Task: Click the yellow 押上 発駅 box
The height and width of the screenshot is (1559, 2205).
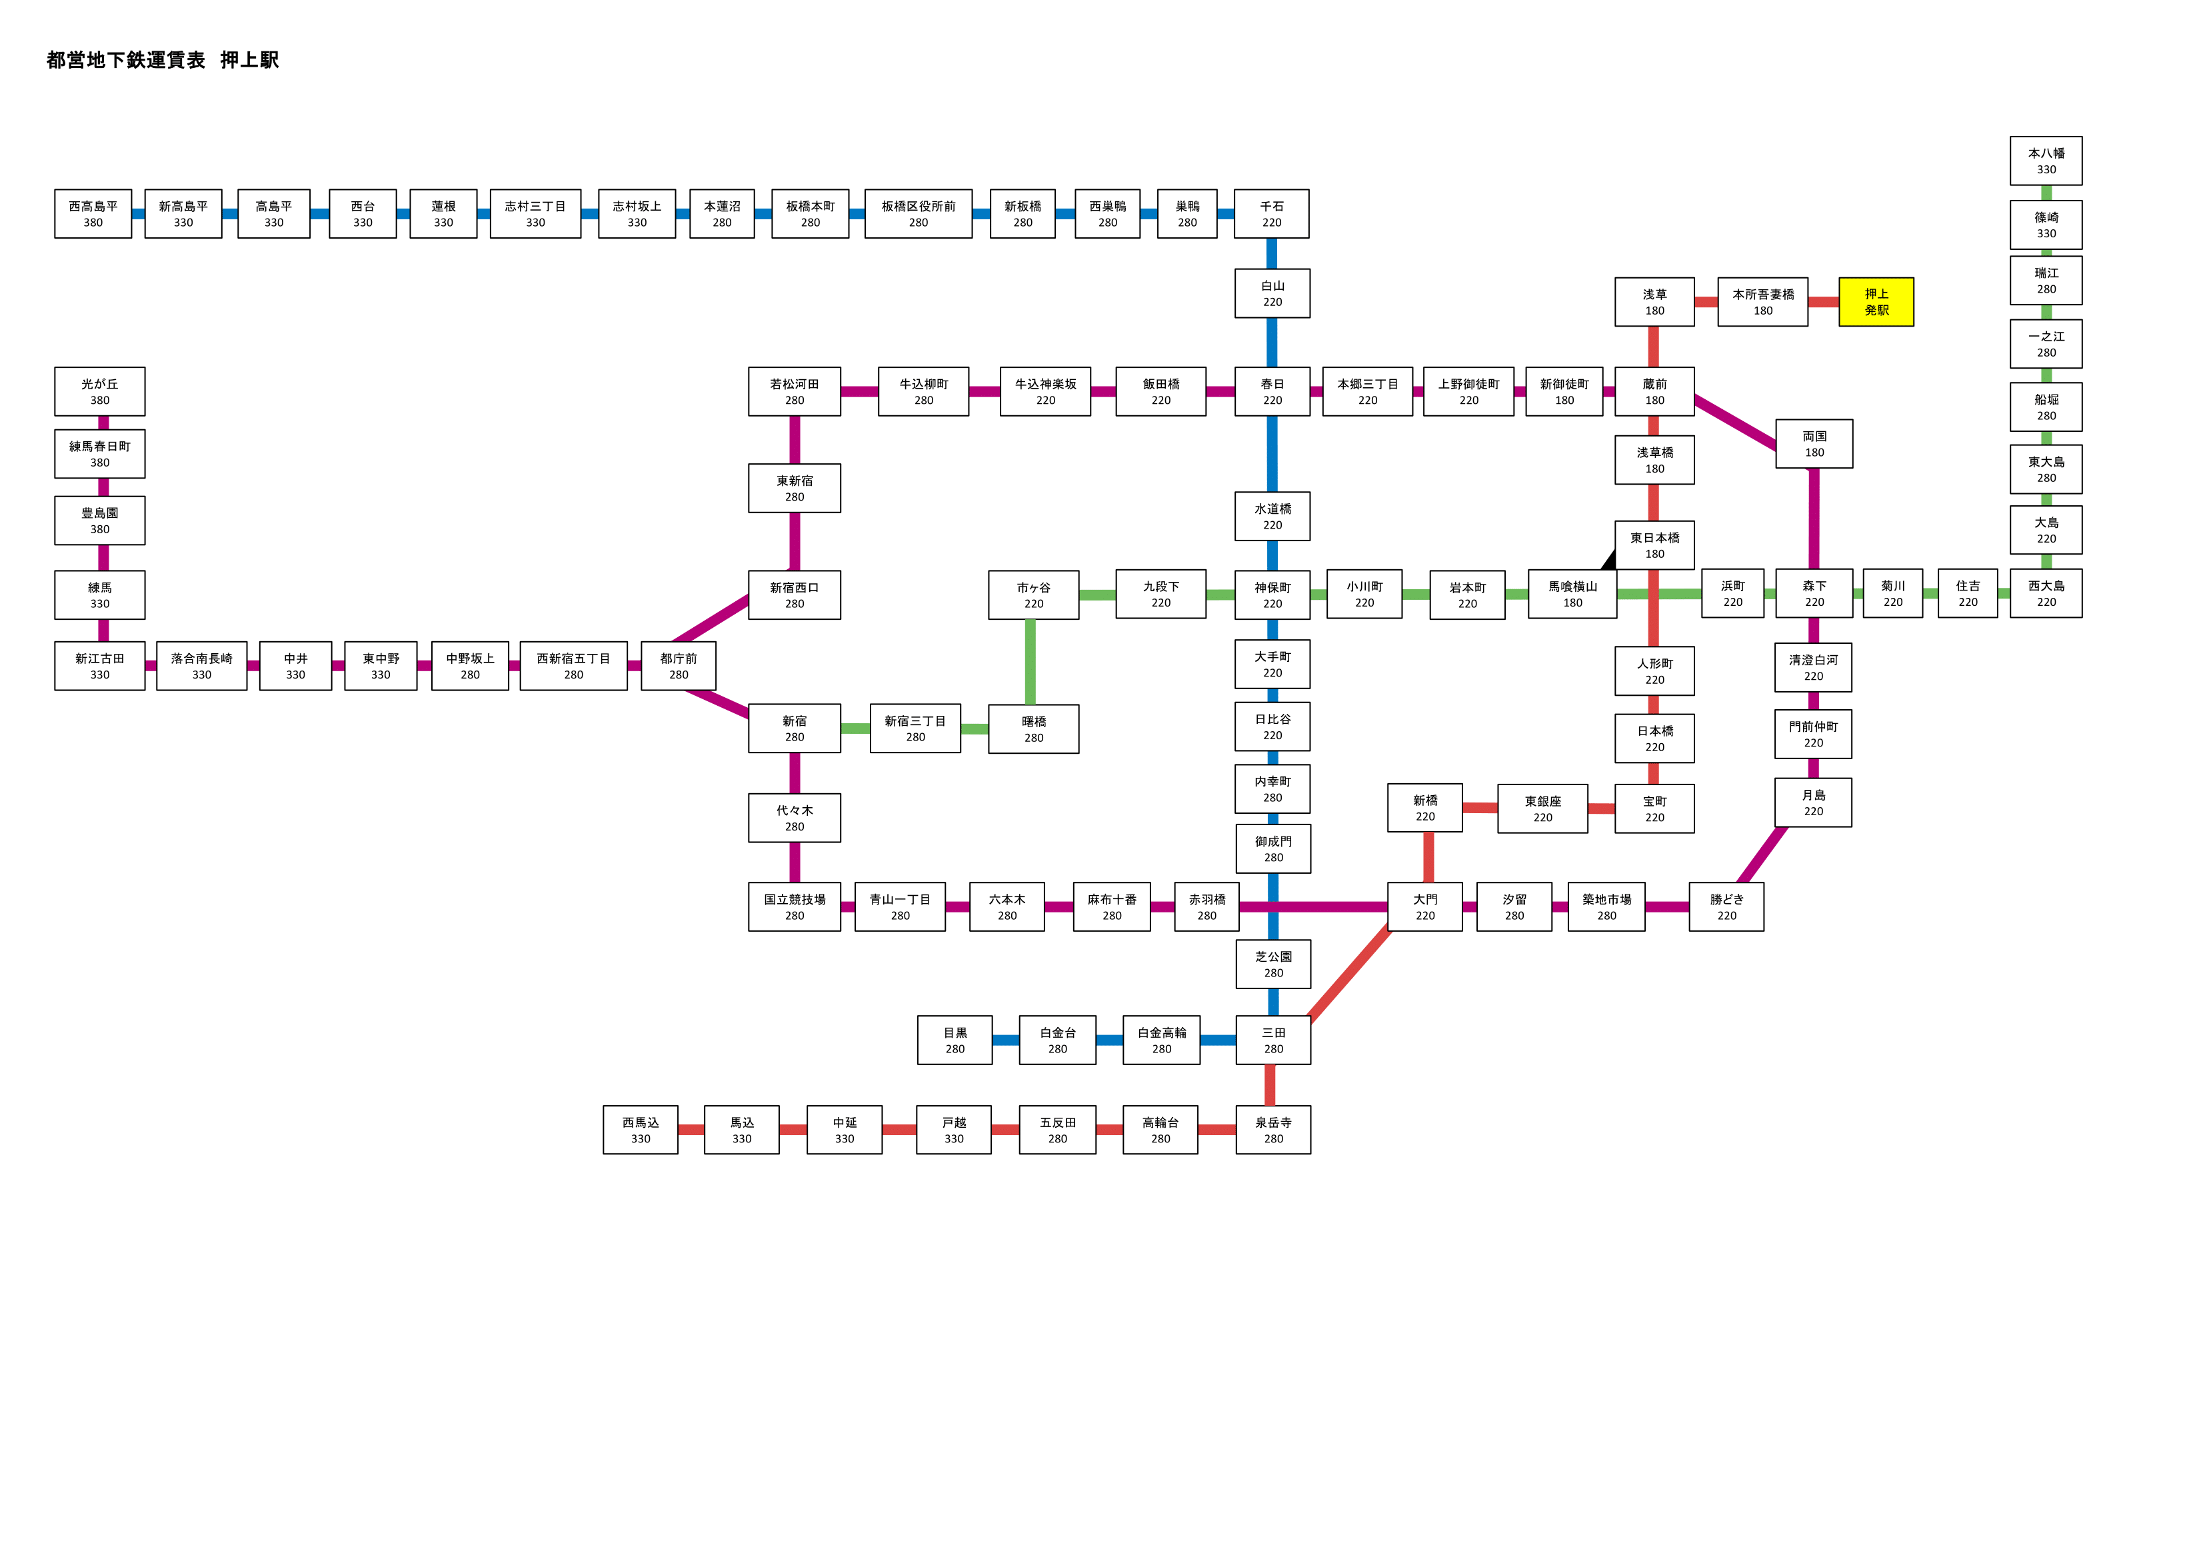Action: [x=1876, y=302]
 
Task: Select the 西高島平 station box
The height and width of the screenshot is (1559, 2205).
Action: [x=93, y=213]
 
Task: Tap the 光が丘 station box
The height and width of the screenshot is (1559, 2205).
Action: [x=100, y=391]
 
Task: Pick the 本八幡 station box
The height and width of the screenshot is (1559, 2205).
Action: [x=2046, y=161]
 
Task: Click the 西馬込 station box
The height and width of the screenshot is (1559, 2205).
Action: [x=641, y=1130]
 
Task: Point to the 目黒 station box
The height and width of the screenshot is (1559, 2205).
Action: [x=955, y=1040]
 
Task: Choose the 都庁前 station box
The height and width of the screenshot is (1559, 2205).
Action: [x=678, y=666]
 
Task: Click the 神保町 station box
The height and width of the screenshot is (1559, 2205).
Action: [x=1272, y=595]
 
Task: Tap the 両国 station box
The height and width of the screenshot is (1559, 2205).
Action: [x=1814, y=444]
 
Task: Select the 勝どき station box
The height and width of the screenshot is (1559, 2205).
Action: [x=1726, y=906]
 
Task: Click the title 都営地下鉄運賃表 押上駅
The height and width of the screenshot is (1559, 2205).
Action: [x=162, y=59]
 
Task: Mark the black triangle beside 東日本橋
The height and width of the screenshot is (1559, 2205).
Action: [x=1608, y=560]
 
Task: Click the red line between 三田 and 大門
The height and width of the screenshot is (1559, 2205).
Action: [x=1349, y=973]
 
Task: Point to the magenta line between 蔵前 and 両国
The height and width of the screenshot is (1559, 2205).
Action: [x=1735, y=423]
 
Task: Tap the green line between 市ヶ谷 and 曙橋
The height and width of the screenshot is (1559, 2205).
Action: [x=1031, y=662]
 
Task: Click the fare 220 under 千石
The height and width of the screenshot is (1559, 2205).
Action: [x=1272, y=223]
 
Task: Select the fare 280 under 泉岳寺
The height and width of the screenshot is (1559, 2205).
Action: [x=1273, y=1139]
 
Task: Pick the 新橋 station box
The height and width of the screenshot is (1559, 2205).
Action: [x=1425, y=808]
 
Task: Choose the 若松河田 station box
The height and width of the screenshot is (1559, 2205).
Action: [x=795, y=391]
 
